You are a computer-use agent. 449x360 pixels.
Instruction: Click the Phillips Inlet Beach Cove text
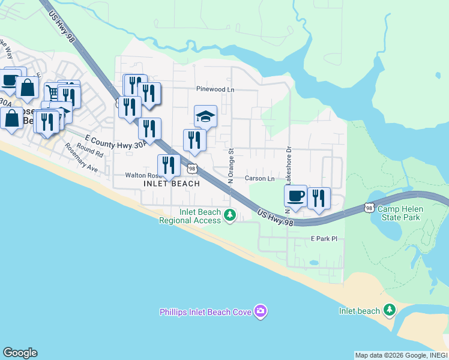click(206, 312)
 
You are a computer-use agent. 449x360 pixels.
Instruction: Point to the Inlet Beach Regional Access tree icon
click(229, 215)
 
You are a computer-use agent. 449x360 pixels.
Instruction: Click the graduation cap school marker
click(205, 116)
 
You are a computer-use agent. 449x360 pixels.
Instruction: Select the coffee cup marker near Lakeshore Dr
click(295, 196)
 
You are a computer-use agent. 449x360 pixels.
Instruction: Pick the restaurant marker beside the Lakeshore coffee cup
click(319, 198)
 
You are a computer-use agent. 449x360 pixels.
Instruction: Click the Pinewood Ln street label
click(215, 89)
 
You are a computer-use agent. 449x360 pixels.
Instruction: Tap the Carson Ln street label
click(259, 178)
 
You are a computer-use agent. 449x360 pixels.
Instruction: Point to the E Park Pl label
click(324, 239)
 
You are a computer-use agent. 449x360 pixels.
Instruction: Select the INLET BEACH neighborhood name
click(172, 184)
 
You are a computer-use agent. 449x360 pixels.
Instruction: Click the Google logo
click(20, 352)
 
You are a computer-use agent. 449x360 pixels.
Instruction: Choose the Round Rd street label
click(90, 151)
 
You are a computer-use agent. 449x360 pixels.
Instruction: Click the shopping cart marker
click(52, 92)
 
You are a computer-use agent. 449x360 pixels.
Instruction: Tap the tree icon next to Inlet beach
click(390, 310)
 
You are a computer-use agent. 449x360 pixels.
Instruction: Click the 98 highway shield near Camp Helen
click(368, 208)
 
